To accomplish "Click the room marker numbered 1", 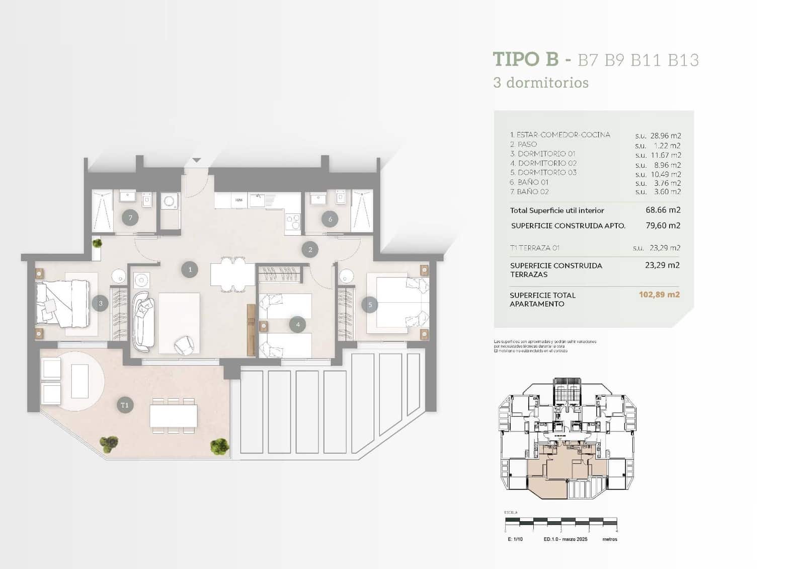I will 190,269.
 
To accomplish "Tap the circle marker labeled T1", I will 125,405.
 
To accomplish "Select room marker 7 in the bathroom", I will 130,218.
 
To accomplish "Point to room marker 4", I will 297,325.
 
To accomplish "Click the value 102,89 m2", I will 659,295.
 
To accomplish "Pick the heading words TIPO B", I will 525,59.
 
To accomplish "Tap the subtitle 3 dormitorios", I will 540,83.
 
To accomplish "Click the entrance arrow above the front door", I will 196,160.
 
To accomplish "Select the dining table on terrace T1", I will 174,416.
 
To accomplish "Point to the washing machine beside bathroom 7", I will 170,202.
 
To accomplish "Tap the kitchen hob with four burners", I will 293,222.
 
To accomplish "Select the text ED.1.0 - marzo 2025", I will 565,539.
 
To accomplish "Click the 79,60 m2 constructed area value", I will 663,226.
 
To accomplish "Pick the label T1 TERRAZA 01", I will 534,248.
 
